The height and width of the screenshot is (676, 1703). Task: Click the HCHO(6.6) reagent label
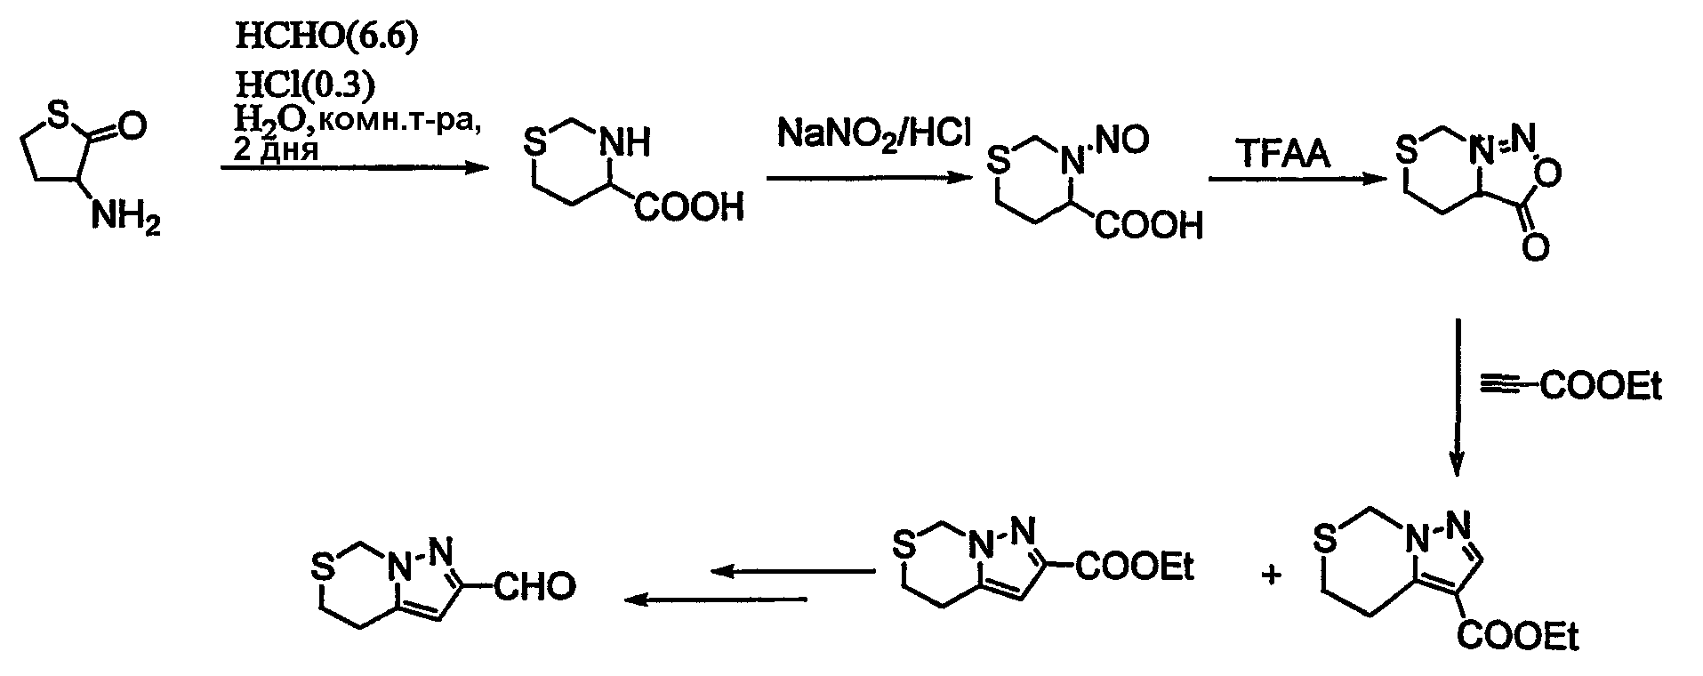tap(325, 37)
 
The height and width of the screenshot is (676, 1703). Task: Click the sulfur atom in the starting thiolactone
tap(57, 113)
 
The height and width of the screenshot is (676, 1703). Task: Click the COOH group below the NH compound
tap(689, 208)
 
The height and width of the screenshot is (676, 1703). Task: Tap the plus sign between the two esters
tap(1272, 575)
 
